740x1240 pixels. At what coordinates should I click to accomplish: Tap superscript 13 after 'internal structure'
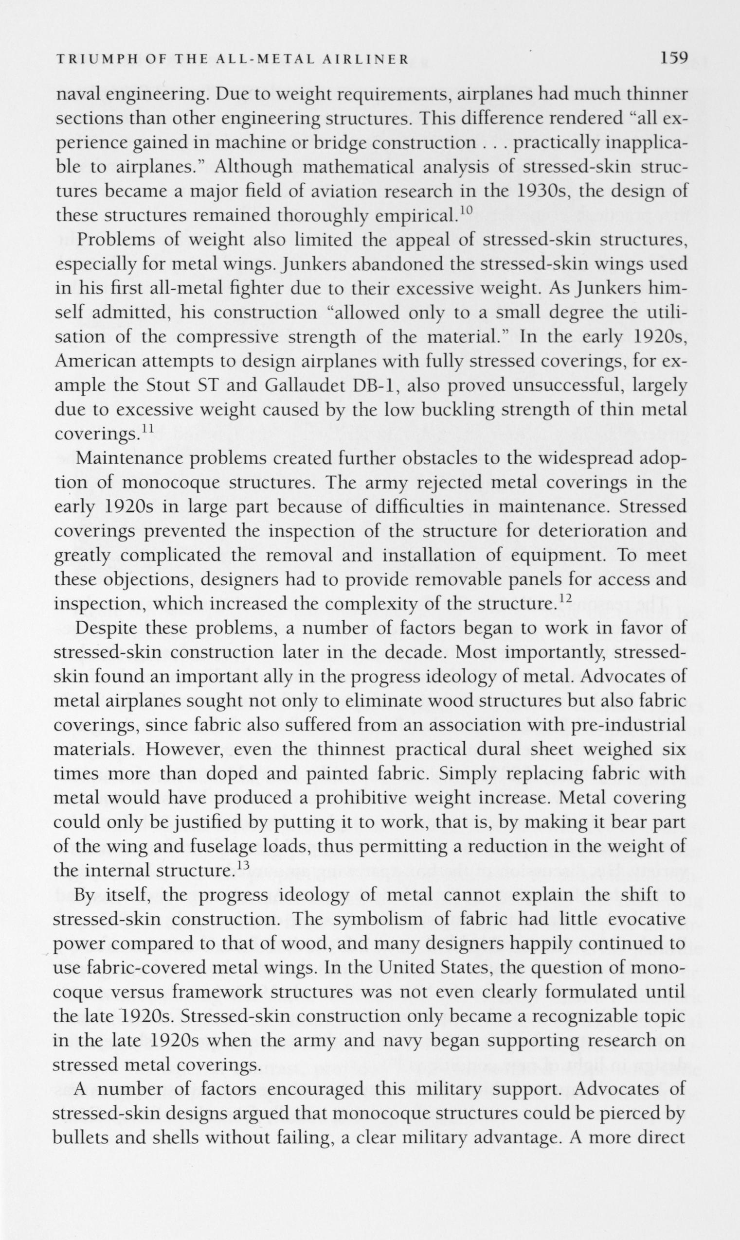click(x=241, y=865)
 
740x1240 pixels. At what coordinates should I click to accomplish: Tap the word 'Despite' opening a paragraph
click(x=106, y=629)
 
